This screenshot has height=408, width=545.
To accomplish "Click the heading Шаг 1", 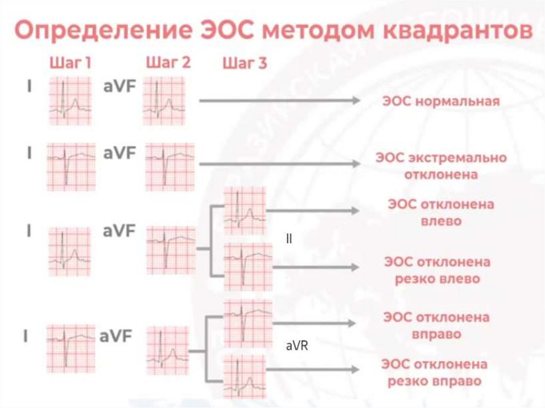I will coord(70,63).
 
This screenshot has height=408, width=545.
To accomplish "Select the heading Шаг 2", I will coord(168,63).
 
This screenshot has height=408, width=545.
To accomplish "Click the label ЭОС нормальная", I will coord(441,101).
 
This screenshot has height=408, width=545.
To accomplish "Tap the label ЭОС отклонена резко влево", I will coord(437,270).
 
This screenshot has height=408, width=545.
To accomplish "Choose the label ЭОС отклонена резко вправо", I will coord(435,373).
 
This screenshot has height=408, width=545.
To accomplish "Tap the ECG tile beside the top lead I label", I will coord(70,101).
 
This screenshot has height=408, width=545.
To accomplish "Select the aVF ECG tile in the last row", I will coord(168,349).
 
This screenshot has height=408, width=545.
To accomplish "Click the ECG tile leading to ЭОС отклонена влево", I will coord(244,211).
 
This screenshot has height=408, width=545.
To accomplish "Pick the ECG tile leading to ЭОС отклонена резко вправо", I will coord(244,374).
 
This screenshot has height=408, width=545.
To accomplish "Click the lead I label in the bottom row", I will coord(25,336).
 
